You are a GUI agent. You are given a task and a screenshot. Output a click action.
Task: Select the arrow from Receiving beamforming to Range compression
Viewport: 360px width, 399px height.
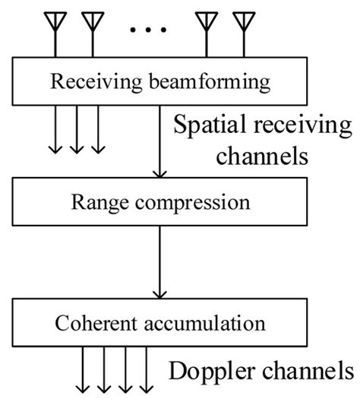(158, 141)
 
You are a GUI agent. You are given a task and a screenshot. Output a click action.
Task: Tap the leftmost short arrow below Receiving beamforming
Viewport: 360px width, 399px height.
(55, 129)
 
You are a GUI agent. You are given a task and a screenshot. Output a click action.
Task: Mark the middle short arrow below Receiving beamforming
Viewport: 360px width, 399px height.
(76, 129)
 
